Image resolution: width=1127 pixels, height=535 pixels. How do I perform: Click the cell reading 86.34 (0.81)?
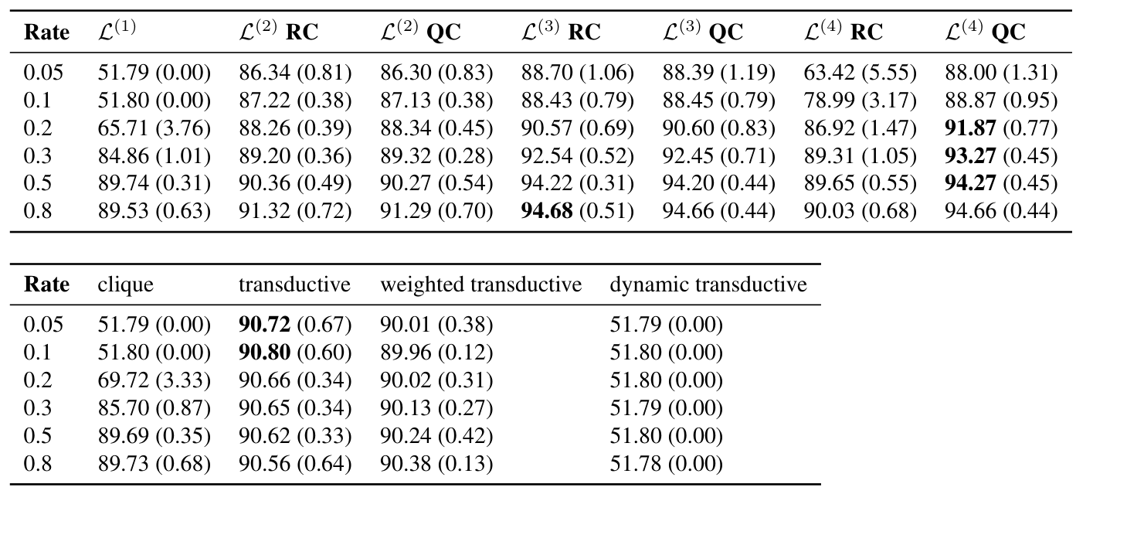(x=295, y=73)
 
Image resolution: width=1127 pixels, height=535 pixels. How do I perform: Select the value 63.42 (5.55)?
(x=860, y=73)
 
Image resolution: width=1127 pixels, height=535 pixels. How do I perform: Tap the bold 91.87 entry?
(x=970, y=128)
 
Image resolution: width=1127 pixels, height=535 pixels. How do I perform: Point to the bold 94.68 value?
(x=547, y=212)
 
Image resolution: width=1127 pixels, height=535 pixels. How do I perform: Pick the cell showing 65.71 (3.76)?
(x=154, y=128)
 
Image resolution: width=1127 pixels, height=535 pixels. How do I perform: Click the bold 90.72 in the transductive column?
(x=264, y=325)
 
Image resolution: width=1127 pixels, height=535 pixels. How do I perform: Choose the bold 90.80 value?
(x=264, y=353)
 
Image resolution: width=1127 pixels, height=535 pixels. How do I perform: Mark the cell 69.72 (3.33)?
(x=154, y=380)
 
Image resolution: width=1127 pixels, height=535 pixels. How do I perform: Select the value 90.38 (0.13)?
(x=436, y=464)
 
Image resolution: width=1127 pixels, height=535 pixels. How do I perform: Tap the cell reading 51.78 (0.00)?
(x=666, y=464)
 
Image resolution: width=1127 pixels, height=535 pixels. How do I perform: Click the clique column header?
(x=125, y=285)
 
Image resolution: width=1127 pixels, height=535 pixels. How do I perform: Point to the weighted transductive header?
(x=480, y=285)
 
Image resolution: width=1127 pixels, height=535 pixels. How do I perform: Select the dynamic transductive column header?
(x=708, y=285)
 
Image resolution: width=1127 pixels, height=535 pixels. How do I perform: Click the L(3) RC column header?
(x=561, y=32)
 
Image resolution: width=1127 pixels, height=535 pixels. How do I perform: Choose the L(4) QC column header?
(x=985, y=32)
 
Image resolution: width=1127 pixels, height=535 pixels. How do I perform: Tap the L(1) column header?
(x=117, y=32)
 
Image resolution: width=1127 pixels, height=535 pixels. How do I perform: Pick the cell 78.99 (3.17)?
(x=860, y=101)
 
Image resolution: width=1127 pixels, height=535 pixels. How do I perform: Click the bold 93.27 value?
(x=970, y=156)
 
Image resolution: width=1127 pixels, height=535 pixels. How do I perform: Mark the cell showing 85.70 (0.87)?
(x=154, y=408)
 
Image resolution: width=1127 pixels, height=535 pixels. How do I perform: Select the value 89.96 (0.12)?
(x=436, y=353)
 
